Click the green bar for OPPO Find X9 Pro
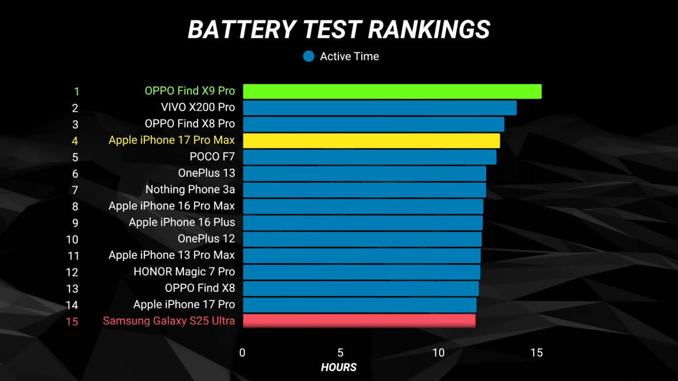point(392,92)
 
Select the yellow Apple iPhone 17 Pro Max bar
point(371,141)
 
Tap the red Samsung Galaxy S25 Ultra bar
point(359,320)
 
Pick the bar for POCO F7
point(369,157)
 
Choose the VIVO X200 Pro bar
point(379,108)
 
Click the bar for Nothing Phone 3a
point(364,190)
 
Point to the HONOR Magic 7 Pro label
point(184,271)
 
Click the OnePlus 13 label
point(206,173)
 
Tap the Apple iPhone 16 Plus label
point(182,222)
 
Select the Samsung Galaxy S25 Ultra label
point(169,320)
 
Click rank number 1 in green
point(77,92)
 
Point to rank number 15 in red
point(72,321)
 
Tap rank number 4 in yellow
point(75,141)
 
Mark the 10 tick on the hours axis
point(438,352)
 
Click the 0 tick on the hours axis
point(243,352)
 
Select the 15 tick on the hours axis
point(536,352)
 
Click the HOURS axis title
point(338,367)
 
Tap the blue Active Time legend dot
point(309,57)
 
